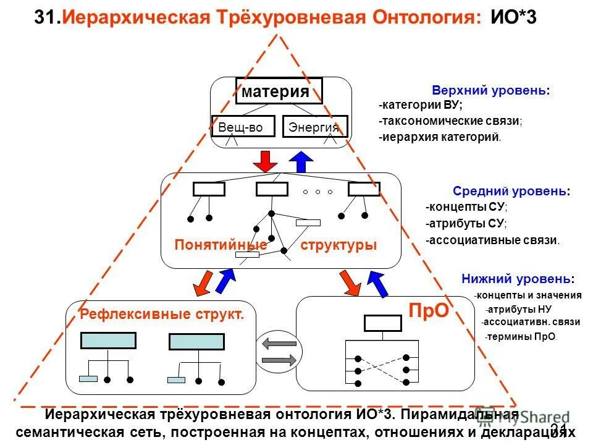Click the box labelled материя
279,91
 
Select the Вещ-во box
240,127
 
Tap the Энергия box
315,127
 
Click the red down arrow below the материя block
266,161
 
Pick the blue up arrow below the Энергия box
301,161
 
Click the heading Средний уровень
511,192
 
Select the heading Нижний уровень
518,279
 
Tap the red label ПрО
428,310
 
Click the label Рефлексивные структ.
162,315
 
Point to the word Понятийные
221,245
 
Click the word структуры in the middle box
339,245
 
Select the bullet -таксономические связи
450,121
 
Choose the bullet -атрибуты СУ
466,224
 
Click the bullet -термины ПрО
521,337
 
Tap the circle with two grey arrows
279,351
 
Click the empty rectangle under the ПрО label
382,323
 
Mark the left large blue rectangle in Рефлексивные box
108,341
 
